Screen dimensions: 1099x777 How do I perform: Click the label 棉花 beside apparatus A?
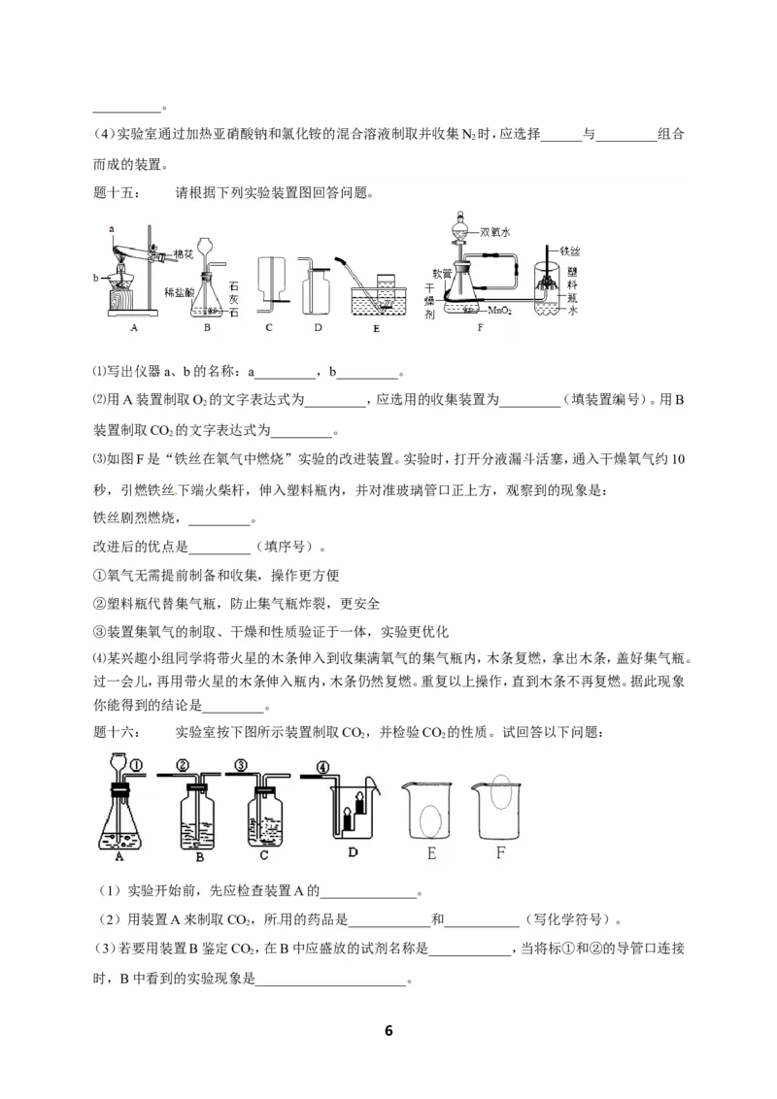[x=184, y=253]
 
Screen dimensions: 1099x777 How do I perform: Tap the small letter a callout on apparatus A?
[x=112, y=227]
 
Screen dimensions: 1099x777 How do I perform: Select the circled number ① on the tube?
[x=137, y=766]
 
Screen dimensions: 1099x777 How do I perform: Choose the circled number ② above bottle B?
[x=182, y=766]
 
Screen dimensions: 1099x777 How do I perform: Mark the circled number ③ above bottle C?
[x=240, y=766]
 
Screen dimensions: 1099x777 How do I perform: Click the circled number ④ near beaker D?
[x=320, y=766]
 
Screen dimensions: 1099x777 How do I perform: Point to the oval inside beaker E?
[x=427, y=820]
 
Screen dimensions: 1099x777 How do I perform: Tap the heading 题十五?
[x=110, y=191]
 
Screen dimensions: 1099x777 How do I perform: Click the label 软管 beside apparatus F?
[x=441, y=273]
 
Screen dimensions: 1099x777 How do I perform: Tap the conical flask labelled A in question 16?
[x=120, y=820]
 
